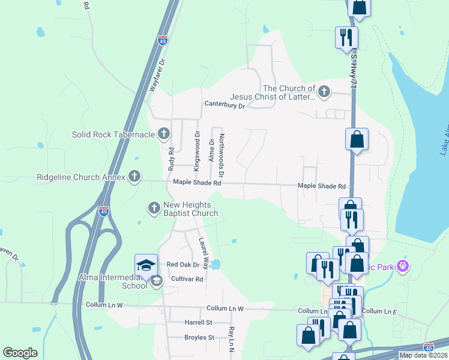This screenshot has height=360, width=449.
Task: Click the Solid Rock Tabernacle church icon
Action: point(163,134)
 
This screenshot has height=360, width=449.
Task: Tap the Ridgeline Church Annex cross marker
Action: point(134,176)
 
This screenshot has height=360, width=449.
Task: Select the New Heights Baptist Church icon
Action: point(154,208)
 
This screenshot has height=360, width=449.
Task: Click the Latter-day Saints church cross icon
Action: point(324,92)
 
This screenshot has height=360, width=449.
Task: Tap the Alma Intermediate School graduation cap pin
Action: point(146,265)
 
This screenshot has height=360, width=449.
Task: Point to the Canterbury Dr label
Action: point(225,106)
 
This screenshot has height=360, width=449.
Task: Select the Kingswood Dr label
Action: point(196,149)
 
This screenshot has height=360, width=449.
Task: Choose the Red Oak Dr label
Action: point(182,265)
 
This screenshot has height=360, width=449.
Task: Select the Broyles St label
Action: point(199,337)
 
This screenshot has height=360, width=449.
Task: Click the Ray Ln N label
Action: point(230,340)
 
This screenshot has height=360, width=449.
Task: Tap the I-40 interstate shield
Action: point(428,347)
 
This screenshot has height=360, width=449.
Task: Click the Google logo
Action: point(20,353)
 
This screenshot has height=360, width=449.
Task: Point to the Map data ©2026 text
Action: point(423,355)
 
